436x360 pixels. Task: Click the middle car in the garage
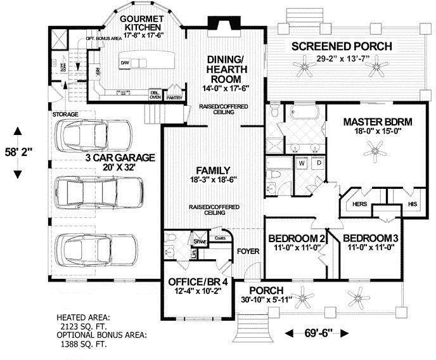click(95, 190)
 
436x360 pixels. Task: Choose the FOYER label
click(248, 252)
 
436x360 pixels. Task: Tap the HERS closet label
click(359, 204)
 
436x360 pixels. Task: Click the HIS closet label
click(412, 204)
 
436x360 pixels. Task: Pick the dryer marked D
click(318, 163)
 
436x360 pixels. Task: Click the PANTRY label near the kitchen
click(174, 98)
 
